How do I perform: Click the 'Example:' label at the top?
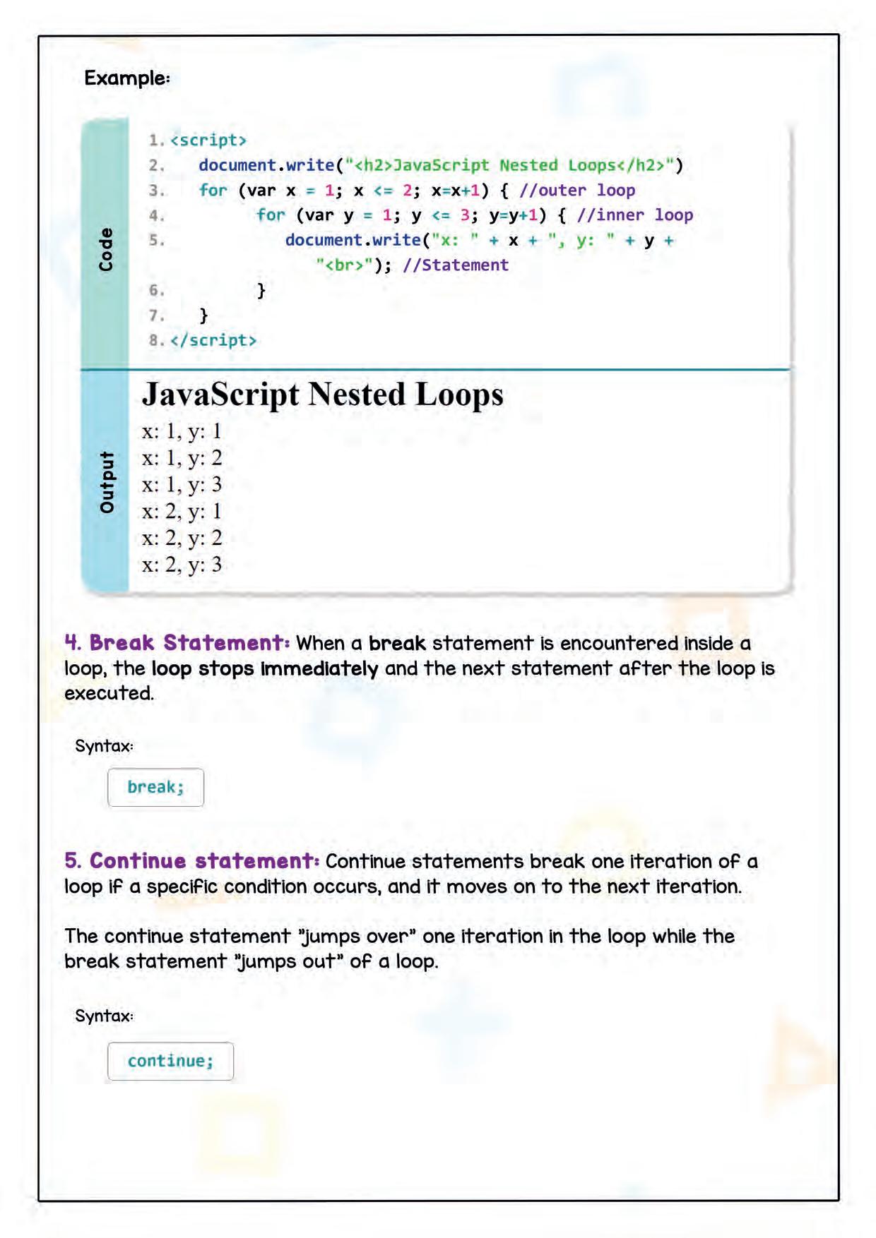click(127, 78)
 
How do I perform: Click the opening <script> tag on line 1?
click(208, 140)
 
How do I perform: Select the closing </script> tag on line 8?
click(213, 340)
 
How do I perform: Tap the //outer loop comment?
click(577, 190)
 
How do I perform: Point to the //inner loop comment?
click(634, 215)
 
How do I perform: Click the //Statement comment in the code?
click(456, 265)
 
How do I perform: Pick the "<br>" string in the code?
click(344, 265)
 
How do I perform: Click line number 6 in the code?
click(156, 290)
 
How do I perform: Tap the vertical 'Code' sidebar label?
click(106, 249)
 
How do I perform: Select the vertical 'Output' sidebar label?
click(106, 482)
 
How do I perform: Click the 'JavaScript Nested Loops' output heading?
click(323, 394)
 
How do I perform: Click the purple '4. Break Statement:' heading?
click(177, 643)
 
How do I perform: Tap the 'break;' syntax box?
click(155, 787)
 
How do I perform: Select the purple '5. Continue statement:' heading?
click(192, 861)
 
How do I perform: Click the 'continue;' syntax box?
click(170, 1061)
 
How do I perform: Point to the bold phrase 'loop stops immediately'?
click(265, 668)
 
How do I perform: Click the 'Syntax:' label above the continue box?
click(104, 1016)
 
